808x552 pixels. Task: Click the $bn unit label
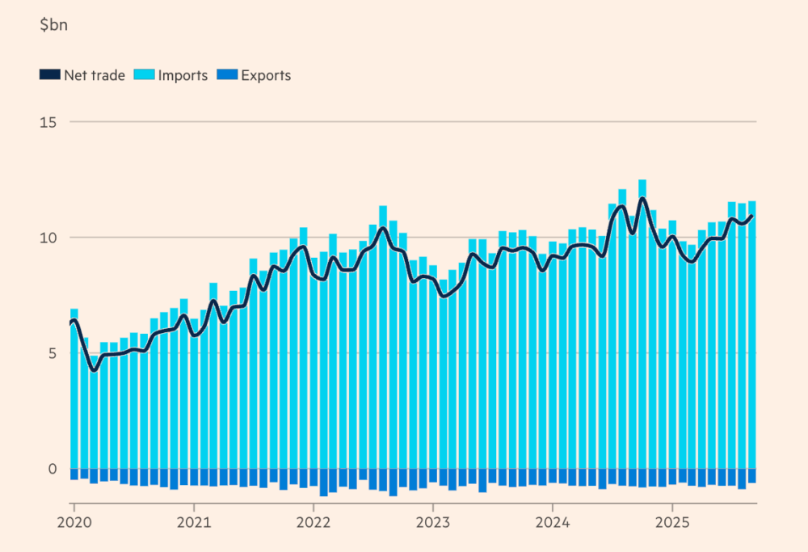tap(53, 24)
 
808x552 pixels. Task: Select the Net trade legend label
tap(95, 75)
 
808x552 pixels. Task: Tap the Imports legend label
tap(183, 75)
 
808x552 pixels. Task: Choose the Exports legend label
tap(266, 75)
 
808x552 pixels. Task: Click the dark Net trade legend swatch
tap(49, 75)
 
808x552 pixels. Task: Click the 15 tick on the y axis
tap(50, 122)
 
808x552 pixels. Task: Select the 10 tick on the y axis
tap(50, 238)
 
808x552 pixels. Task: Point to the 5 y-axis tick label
tap(53, 353)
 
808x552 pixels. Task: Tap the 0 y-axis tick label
tap(53, 469)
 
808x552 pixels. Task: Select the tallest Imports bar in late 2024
tap(642, 323)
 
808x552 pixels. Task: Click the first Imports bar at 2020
tap(74, 388)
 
